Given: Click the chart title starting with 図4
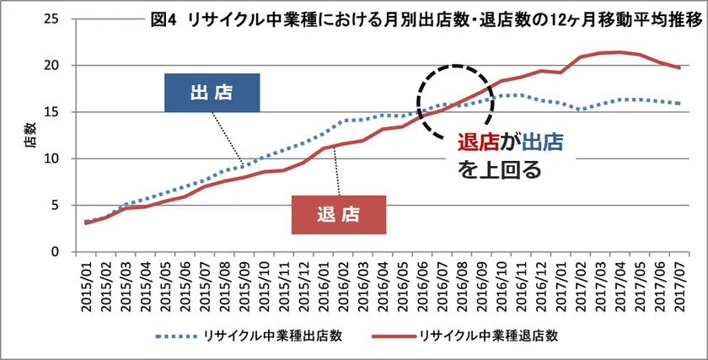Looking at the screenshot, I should tap(426, 21).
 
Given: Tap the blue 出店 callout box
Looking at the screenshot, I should tap(212, 92).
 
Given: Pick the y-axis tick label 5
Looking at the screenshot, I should tap(54, 205).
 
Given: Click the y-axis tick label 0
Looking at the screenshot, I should tap(54, 252).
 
